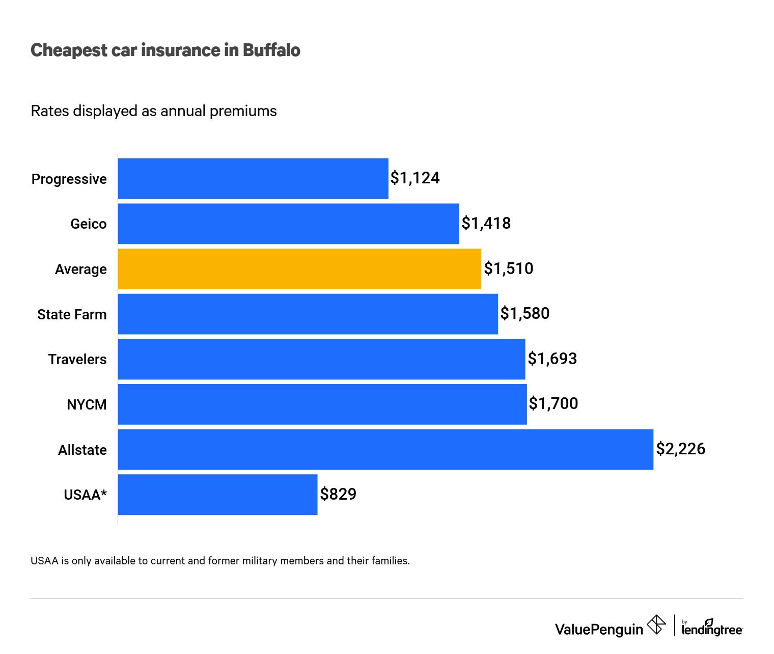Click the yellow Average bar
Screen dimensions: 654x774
[299, 269]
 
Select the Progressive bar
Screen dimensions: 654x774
[253, 179]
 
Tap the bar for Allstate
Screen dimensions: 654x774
[385, 449]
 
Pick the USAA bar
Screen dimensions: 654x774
[217, 495]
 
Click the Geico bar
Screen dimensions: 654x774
[288, 224]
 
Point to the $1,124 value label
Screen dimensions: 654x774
[415, 178]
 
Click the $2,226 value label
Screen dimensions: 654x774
[680, 449]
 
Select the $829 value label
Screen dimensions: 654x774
[338, 494]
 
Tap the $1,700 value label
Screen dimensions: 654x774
[554, 403]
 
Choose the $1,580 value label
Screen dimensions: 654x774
[525, 313]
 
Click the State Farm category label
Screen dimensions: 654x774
[72, 314]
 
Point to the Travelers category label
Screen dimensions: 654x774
[77, 360]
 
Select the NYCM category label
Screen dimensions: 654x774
[87, 405]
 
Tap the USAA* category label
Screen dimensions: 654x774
[85, 495]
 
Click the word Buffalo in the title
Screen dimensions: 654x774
[271, 50]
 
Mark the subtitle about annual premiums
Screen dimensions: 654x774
[154, 111]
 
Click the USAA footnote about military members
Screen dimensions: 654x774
[220, 561]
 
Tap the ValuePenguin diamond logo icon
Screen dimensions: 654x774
[656, 624]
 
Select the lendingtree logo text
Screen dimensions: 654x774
[711, 630]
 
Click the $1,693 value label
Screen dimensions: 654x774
[552, 359]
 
